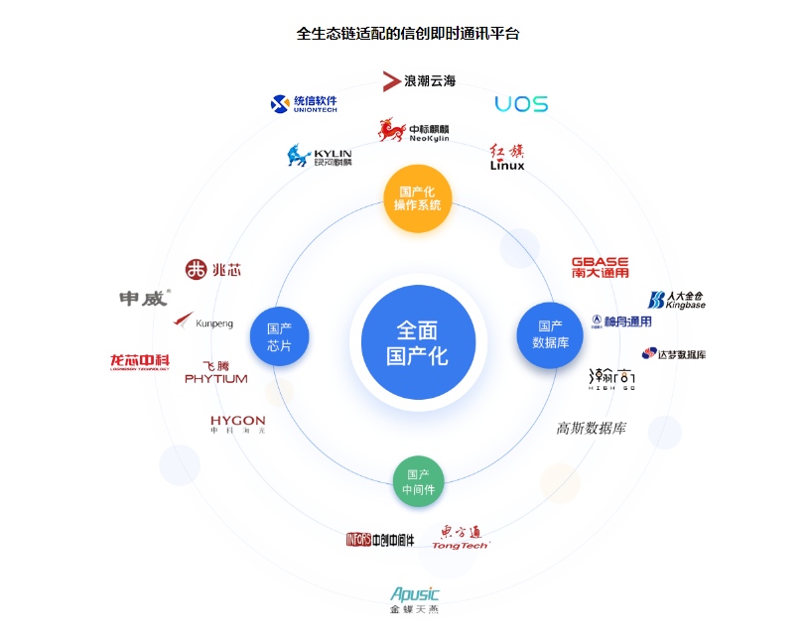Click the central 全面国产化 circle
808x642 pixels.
417,341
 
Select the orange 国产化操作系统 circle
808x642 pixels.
417,197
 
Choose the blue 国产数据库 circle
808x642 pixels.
551,334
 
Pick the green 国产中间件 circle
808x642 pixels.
418,481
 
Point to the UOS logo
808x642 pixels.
521,103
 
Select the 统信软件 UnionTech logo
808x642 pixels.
305,103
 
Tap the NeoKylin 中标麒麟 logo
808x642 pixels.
414,131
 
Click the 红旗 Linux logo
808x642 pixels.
507,158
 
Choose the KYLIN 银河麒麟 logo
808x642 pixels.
320,156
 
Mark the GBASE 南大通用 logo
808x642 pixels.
600,267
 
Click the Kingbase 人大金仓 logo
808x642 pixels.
677,300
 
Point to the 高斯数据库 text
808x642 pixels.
592,429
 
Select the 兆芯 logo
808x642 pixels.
212,269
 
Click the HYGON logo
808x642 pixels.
237,424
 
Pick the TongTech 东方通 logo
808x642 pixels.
462,538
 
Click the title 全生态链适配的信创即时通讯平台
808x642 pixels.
408,33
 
